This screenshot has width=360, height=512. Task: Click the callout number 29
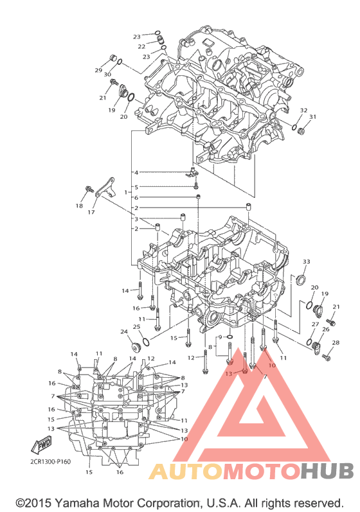98,70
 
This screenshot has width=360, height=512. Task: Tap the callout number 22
141,47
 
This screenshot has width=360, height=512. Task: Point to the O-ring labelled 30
120,62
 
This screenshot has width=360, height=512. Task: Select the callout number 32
303,110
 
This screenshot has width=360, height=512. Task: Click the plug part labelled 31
301,131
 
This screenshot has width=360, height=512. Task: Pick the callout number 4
136,172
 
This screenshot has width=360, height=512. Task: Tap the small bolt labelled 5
196,186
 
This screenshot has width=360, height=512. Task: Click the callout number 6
136,198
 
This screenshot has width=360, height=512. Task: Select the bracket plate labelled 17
105,188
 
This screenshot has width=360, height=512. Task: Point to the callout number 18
79,206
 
